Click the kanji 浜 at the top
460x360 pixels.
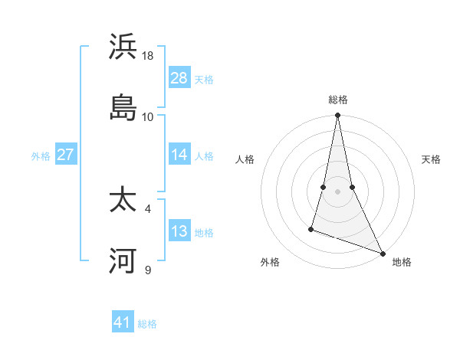click(123, 47)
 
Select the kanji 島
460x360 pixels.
click(123, 106)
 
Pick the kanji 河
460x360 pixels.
click(123, 260)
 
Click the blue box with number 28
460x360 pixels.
click(179, 78)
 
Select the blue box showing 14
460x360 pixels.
click(179, 155)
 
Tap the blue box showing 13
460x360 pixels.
click(179, 231)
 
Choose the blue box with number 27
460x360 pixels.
click(65, 155)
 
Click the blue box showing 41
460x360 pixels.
click(122, 322)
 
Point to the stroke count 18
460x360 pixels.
click(148, 56)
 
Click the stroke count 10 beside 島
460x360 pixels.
click(148, 116)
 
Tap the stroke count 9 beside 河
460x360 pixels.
click(148, 270)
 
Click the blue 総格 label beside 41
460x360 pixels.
click(147, 324)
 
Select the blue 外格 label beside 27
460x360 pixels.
click(41, 156)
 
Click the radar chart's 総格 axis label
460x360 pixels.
click(338, 100)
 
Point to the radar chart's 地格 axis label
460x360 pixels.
click(402, 262)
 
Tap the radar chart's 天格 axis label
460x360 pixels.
click(432, 159)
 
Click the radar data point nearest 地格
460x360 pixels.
click(383, 253)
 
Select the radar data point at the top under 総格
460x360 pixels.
click(338, 116)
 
